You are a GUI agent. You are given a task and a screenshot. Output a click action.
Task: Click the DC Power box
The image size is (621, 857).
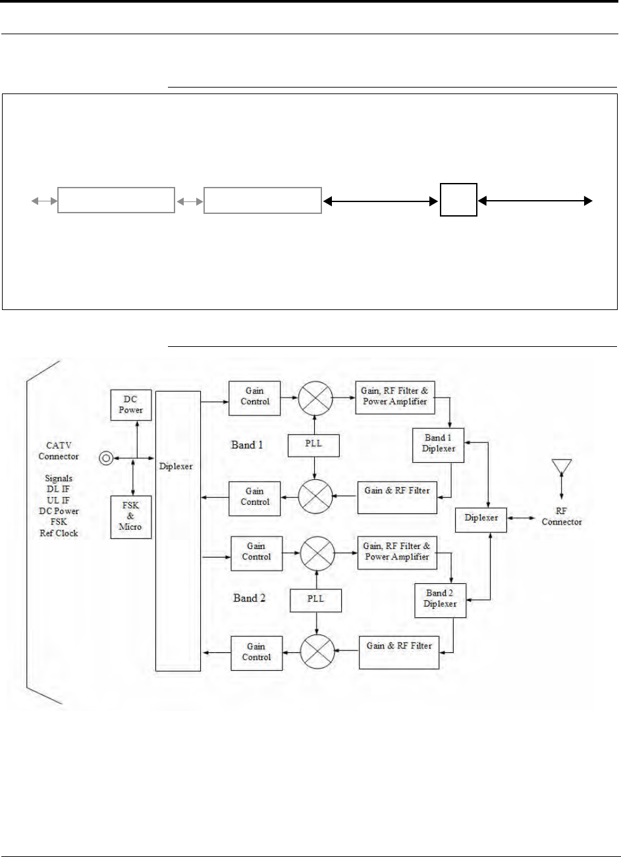[131, 405]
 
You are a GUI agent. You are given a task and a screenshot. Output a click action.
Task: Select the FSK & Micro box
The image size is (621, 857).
[131, 517]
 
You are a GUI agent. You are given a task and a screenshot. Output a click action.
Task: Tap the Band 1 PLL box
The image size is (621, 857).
[313, 446]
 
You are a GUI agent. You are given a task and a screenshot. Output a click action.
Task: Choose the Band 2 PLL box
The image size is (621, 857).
[315, 601]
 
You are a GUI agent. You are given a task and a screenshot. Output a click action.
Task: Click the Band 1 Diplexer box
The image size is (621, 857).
[438, 445]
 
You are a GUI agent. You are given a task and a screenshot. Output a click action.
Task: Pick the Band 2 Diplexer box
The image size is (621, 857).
[441, 600]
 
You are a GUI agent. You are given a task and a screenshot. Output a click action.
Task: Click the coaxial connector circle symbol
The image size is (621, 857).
[106, 458]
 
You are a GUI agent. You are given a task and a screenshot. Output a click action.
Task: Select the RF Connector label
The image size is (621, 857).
[562, 517]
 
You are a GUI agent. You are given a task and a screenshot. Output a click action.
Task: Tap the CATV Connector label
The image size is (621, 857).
[59, 451]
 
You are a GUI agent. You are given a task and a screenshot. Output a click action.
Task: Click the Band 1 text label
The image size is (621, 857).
[247, 445]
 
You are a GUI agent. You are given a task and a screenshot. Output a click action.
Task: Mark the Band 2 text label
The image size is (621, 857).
[249, 598]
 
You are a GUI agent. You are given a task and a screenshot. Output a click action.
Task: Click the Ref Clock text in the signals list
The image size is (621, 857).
[59, 533]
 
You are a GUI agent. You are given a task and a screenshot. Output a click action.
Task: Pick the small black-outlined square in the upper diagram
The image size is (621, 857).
[458, 199]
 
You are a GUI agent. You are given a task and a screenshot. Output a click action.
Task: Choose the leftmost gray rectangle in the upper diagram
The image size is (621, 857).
[116, 200]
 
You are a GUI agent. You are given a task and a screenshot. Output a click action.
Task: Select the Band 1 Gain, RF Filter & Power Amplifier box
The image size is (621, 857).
[395, 398]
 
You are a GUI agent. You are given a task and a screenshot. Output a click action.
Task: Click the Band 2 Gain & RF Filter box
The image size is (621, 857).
[399, 653]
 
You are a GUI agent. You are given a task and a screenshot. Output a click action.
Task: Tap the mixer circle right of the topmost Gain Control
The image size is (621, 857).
[315, 398]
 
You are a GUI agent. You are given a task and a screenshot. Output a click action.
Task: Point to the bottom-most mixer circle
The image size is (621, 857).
[317, 652]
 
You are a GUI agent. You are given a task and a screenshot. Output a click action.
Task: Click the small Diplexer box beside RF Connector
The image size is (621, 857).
[481, 520]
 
